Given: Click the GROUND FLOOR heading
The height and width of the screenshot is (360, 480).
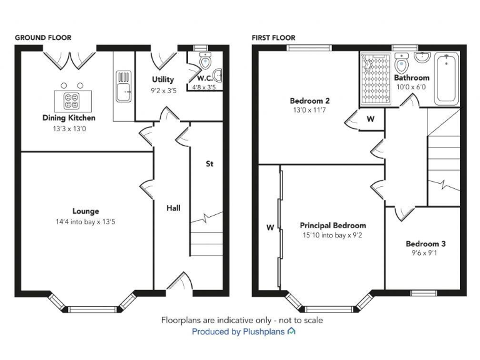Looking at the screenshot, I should [42, 37].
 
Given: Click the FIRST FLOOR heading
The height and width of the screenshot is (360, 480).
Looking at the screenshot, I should [273, 37].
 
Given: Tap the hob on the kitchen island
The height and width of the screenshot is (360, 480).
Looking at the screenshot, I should [71, 100].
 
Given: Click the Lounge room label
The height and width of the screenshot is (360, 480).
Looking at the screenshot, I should [86, 211].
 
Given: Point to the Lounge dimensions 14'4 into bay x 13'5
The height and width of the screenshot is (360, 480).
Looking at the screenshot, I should [86, 222].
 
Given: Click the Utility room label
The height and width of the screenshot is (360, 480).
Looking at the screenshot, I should [163, 79].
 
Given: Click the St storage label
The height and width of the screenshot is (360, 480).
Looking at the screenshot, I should [210, 164].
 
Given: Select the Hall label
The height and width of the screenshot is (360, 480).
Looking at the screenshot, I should [173, 207].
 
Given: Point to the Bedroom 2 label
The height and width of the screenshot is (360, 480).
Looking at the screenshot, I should [309, 101].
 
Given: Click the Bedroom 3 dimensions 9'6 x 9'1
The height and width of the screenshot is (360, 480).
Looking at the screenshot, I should [425, 254].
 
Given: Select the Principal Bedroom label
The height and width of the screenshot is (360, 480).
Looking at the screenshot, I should [332, 226].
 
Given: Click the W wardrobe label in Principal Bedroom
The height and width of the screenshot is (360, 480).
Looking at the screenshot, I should [270, 227].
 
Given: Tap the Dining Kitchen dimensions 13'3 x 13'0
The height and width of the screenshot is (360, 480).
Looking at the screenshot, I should [69, 128].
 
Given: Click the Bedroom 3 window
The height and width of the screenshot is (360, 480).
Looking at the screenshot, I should [423, 292].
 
